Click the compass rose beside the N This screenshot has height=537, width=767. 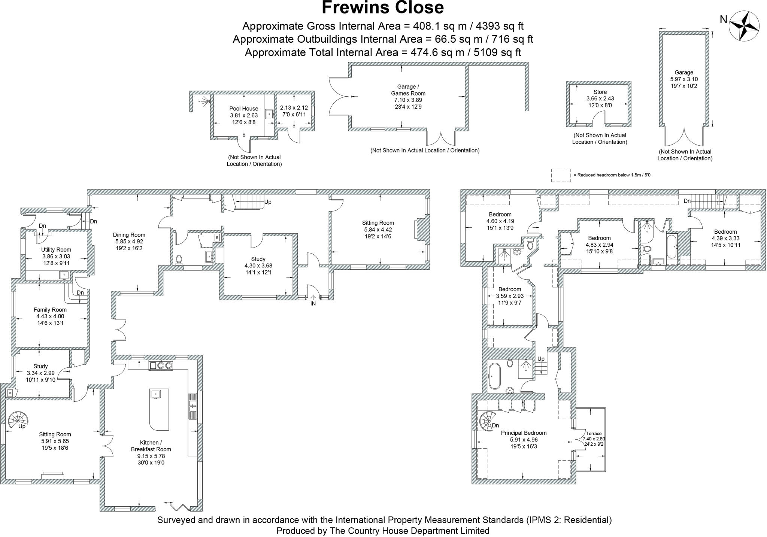coord(744,26)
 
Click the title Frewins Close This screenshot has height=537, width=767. coord(383,7)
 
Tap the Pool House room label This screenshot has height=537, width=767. coord(244,109)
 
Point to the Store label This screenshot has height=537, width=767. coord(600,92)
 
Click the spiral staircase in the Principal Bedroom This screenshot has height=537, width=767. coord(488,421)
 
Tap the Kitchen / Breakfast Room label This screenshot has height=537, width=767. coord(151,446)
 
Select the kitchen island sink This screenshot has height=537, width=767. coord(155,394)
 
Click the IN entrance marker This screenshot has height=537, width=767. coord(313,303)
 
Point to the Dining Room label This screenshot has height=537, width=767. coord(129,235)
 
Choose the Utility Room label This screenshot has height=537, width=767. coord(56,249)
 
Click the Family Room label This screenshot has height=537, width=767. coord(50,310)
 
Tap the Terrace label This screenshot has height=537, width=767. coord(594,433)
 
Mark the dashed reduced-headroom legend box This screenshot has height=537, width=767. coord(561,175)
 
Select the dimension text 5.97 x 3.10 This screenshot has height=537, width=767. coord(684,79)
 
